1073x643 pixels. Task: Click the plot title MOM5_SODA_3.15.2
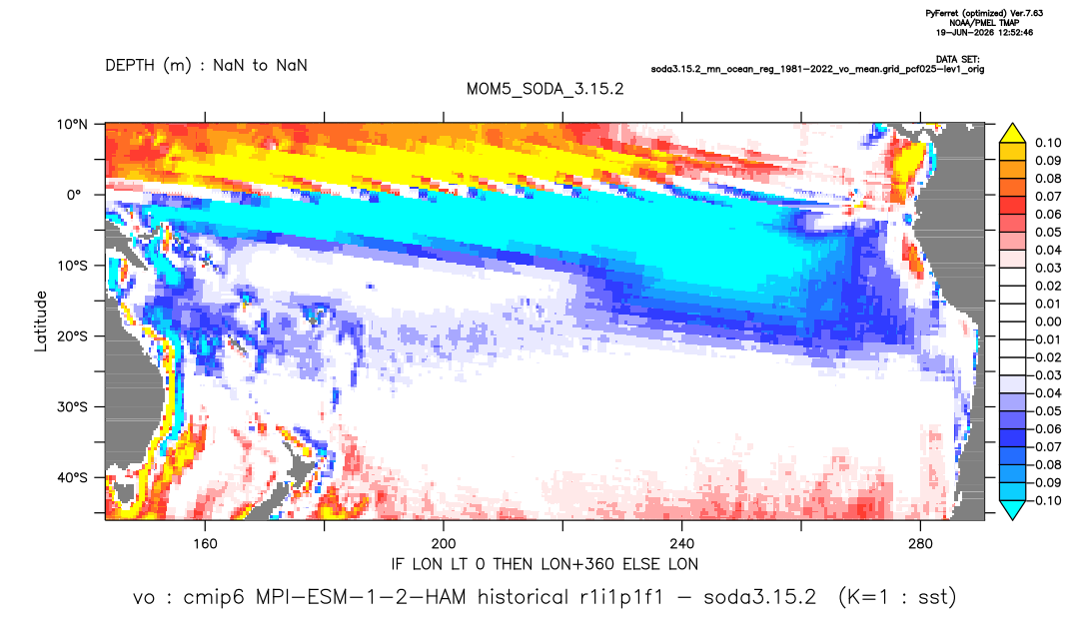tap(544, 89)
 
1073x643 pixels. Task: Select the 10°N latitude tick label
tap(72, 125)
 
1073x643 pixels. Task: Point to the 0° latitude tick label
tap(74, 195)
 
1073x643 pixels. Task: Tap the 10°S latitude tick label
tap(72, 266)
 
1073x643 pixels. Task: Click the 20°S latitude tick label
tap(72, 335)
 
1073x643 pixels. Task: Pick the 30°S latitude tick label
tap(72, 406)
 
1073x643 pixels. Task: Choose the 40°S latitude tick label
tap(72, 477)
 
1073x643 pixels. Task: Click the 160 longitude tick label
tap(205, 544)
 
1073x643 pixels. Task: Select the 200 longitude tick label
tap(444, 544)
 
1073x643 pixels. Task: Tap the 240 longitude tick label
tap(682, 544)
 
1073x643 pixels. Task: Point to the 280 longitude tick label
tap(920, 544)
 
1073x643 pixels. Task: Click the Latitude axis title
tap(41, 321)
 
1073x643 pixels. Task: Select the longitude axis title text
tap(544, 564)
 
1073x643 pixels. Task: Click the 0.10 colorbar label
tap(1048, 143)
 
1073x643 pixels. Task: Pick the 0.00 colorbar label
tap(1048, 321)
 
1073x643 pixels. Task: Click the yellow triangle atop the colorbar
tap(1012, 133)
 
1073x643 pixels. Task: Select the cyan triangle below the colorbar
tap(1012, 509)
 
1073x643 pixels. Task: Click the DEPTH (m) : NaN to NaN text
tap(206, 66)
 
